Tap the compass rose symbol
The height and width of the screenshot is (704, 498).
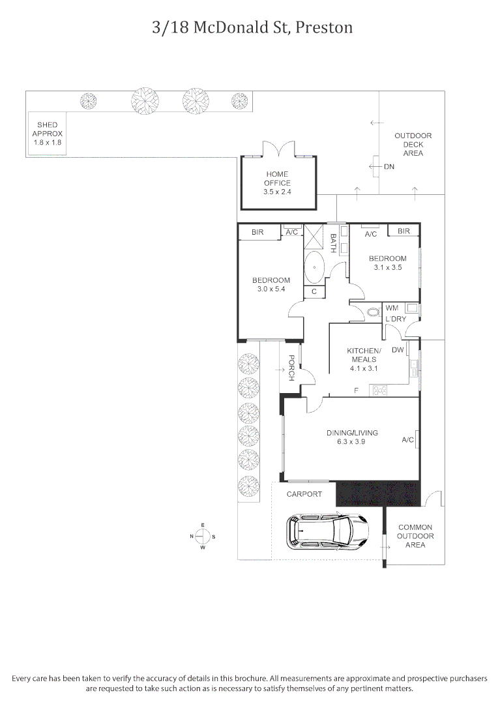tap(203, 536)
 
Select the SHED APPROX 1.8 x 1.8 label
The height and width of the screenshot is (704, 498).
tap(47, 133)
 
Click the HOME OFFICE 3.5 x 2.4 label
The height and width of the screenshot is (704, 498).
tap(277, 183)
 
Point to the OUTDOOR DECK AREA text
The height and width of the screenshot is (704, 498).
tap(413, 144)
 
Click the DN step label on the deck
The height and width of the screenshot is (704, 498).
tap(388, 167)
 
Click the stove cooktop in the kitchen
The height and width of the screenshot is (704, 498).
tap(379, 390)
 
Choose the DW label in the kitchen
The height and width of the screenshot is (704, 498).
tap(397, 350)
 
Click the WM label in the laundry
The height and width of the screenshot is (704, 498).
tap(392, 308)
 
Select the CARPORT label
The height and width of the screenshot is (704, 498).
tap(304, 494)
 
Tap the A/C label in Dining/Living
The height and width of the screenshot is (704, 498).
tap(408, 440)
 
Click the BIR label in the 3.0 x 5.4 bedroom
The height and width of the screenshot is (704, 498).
tap(257, 232)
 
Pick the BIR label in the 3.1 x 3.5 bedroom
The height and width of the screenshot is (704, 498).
tap(403, 231)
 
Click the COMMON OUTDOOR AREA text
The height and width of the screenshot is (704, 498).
tap(415, 536)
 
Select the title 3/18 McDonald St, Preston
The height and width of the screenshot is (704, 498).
tap(252, 27)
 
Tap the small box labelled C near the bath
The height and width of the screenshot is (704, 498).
tap(314, 292)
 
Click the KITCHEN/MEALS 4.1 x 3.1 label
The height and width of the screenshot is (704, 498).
tap(364, 359)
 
